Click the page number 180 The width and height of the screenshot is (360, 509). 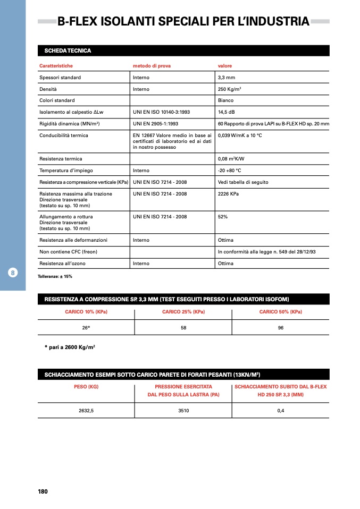43,491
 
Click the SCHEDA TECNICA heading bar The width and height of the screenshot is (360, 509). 183,50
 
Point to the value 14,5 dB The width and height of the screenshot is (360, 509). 228,113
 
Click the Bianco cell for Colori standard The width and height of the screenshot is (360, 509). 226,100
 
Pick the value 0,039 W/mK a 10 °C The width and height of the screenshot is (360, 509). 240,135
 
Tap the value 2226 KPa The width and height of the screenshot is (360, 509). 229,194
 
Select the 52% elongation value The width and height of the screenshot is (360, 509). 223,217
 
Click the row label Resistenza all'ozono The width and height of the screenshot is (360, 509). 62,264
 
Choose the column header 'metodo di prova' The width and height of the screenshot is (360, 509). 152,66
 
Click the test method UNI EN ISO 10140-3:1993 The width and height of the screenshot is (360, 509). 161,113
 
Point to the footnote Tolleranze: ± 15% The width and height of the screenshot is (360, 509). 55,277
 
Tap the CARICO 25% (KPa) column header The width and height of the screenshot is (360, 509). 183,312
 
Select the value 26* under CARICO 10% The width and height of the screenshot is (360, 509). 86,328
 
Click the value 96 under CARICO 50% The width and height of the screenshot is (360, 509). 281,328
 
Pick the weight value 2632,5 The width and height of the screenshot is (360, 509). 86,410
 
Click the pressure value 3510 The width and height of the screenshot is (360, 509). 183,410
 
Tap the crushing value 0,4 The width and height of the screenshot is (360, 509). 281,410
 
